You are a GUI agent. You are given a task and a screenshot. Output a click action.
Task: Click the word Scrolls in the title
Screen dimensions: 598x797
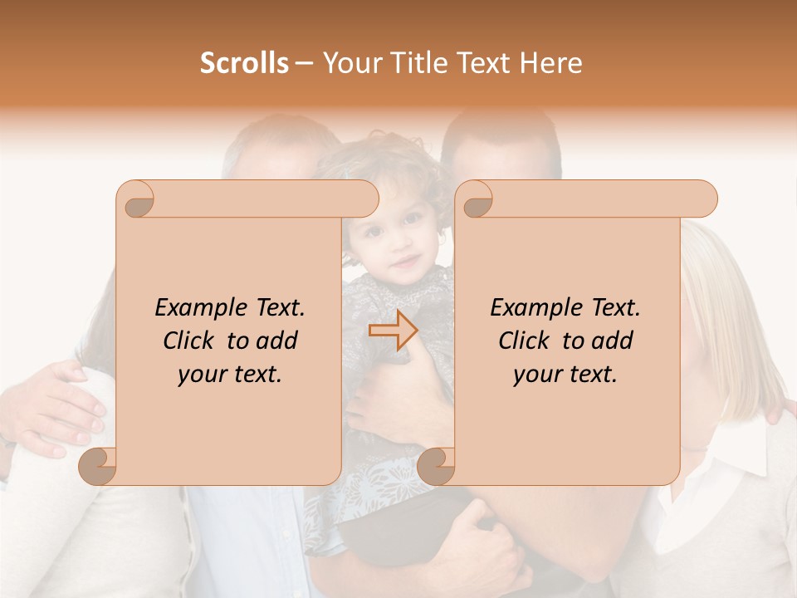pos(244,62)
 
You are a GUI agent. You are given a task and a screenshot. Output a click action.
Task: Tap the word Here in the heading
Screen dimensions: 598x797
pos(550,62)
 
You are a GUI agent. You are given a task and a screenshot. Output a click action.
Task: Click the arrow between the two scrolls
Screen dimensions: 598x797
pos(393,331)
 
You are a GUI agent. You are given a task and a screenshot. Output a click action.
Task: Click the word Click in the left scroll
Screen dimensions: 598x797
pos(191,341)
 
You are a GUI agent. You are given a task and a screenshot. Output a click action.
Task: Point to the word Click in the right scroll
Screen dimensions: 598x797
pos(526,341)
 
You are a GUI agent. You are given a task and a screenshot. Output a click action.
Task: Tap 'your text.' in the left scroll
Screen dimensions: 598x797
pos(230,374)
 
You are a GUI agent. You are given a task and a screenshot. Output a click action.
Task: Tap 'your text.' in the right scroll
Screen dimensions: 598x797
pos(565,374)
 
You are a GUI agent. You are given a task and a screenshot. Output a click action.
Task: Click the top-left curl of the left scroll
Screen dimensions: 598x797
pos(136,200)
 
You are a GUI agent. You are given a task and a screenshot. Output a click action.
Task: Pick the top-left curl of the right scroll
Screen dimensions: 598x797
pos(476,200)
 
